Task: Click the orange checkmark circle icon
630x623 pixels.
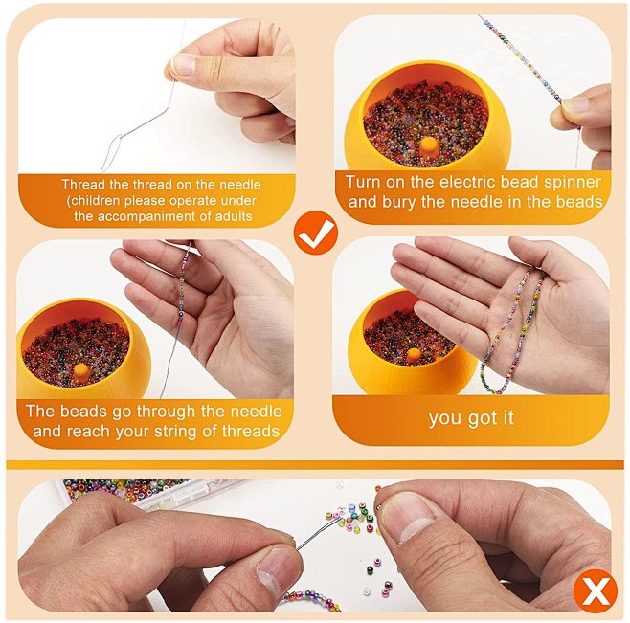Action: [x=316, y=233]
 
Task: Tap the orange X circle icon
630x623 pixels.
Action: [x=595, y=590]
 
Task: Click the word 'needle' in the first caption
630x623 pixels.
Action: [x=239, y=185]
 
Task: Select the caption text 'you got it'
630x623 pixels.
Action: [x=471, y=418]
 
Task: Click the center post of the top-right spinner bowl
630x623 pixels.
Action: [x=429, y=147]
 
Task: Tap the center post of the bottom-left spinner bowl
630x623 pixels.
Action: [x=79, y=372]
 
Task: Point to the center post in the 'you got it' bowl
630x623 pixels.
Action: [x=414, y=355]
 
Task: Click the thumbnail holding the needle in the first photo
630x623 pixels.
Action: [x=184, y=64]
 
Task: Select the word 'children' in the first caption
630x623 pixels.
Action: [x=94, y=201]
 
